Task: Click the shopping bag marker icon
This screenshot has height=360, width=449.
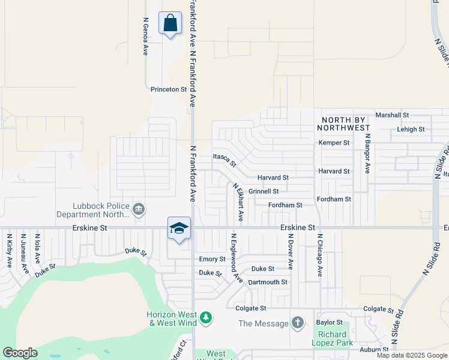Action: (170, 23)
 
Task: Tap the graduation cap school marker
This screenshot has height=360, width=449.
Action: (179, 229)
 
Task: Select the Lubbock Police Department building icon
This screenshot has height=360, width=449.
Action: (139, 209)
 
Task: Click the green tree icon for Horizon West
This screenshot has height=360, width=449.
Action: (206, 316)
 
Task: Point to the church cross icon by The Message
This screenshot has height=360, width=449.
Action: (298, 323)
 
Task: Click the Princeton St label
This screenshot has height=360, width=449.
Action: (169, 89)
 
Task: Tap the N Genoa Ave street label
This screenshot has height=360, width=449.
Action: (145, 36)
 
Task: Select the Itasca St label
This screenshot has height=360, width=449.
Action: (225, 159)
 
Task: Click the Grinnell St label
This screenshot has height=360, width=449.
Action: (264, 191)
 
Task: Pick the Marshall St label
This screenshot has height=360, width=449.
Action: (391, 115)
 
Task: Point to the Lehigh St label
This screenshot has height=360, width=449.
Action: (411, 129)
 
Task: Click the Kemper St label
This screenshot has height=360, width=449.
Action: (334, 143)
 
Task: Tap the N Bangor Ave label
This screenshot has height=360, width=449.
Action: (367, 154)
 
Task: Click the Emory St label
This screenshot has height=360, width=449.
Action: (212, 259)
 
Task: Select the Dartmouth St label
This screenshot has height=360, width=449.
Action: (268, 282)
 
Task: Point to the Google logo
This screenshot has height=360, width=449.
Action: (20, 353)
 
